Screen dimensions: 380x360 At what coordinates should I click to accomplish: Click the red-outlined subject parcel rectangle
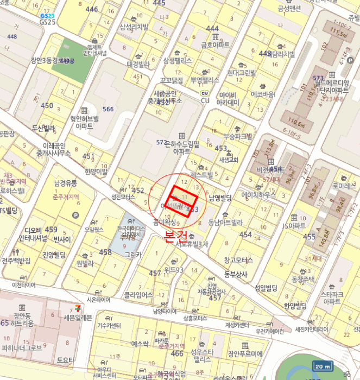tap(182, 201)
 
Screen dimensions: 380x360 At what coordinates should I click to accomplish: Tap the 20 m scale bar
tap(323, 366)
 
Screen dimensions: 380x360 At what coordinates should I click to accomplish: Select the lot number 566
tap(108, 109)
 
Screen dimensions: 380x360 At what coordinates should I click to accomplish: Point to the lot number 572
tap(161, 142)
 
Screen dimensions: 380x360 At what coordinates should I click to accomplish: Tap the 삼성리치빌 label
tap(135, 26)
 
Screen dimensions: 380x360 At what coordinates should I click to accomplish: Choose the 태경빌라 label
tap(138, 64)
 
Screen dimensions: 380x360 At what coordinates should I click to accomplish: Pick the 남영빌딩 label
tap(220, 198)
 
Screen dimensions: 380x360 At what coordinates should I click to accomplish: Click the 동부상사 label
tap(236, 274)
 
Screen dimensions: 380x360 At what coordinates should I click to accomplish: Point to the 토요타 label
tap(65, 359)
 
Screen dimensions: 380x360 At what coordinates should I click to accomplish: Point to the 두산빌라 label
tap(44, 129)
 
